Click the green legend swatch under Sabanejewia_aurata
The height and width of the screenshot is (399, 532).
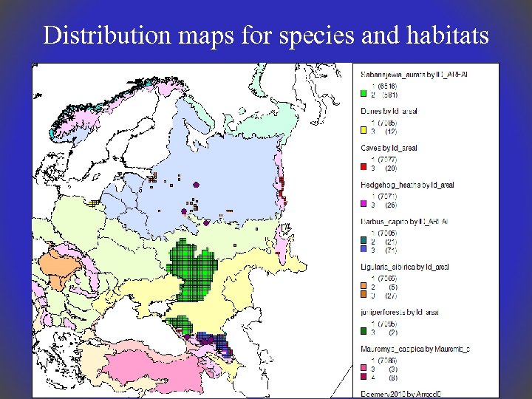click(x=364, y=95)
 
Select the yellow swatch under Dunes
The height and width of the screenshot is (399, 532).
click(x=364, y=132)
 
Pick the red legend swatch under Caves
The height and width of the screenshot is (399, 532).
click(x=364, y=168)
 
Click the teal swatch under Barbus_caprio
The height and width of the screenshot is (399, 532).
click(x=364, y=241)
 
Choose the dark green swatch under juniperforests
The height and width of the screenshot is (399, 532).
click(x=364, y=332)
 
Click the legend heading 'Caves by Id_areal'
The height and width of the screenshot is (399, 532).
click(x=389, y=149)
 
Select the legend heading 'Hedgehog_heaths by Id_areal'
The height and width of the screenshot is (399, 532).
click(x=407, y=185)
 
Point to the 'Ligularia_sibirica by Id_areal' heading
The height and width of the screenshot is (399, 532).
click(x=404, y=266)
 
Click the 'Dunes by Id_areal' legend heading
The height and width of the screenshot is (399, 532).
click(x=389, y=111)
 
